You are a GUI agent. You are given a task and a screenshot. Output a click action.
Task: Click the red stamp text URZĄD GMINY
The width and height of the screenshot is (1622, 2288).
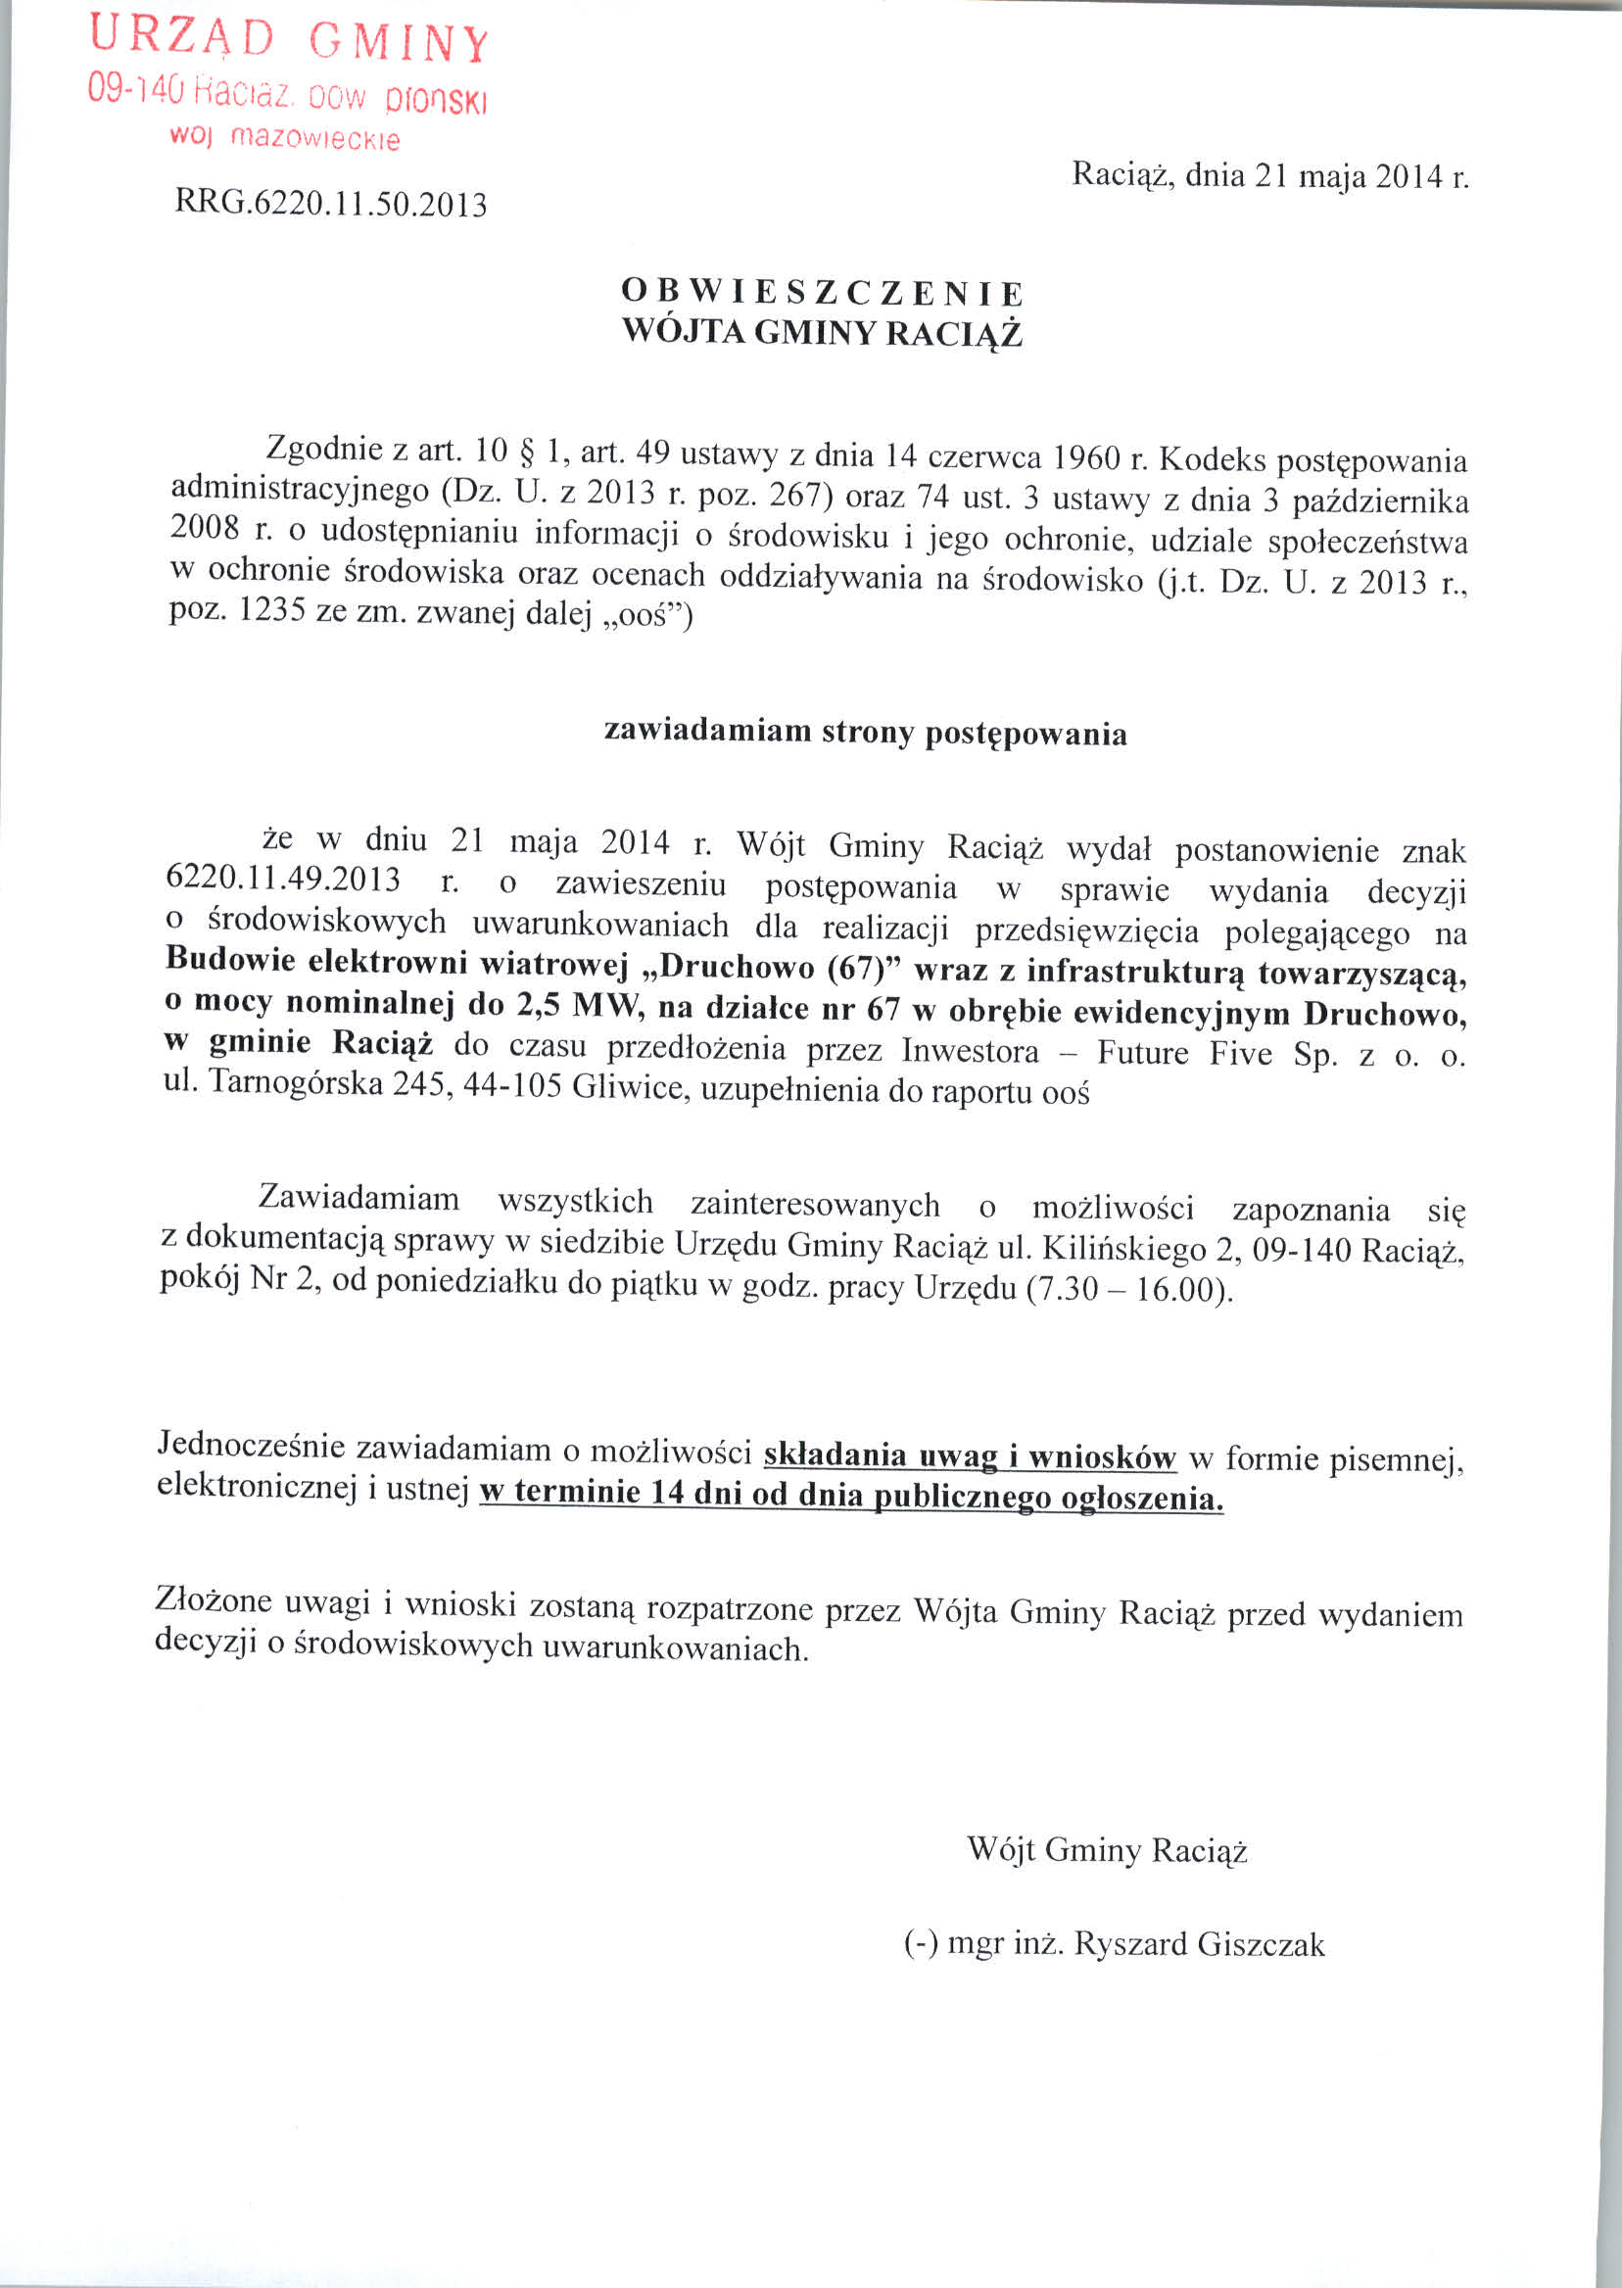[x=289, y=40]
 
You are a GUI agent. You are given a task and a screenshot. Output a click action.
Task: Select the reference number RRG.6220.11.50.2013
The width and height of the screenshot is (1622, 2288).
[x=331, y=204]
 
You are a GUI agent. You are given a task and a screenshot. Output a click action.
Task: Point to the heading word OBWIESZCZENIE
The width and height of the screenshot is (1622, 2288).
[x=822, y=293]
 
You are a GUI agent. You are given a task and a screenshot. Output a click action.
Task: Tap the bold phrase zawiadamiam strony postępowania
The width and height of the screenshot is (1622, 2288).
[x=866, y=733]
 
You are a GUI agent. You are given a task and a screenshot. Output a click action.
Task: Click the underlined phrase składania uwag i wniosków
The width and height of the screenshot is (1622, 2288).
[x=970, y=1455]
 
